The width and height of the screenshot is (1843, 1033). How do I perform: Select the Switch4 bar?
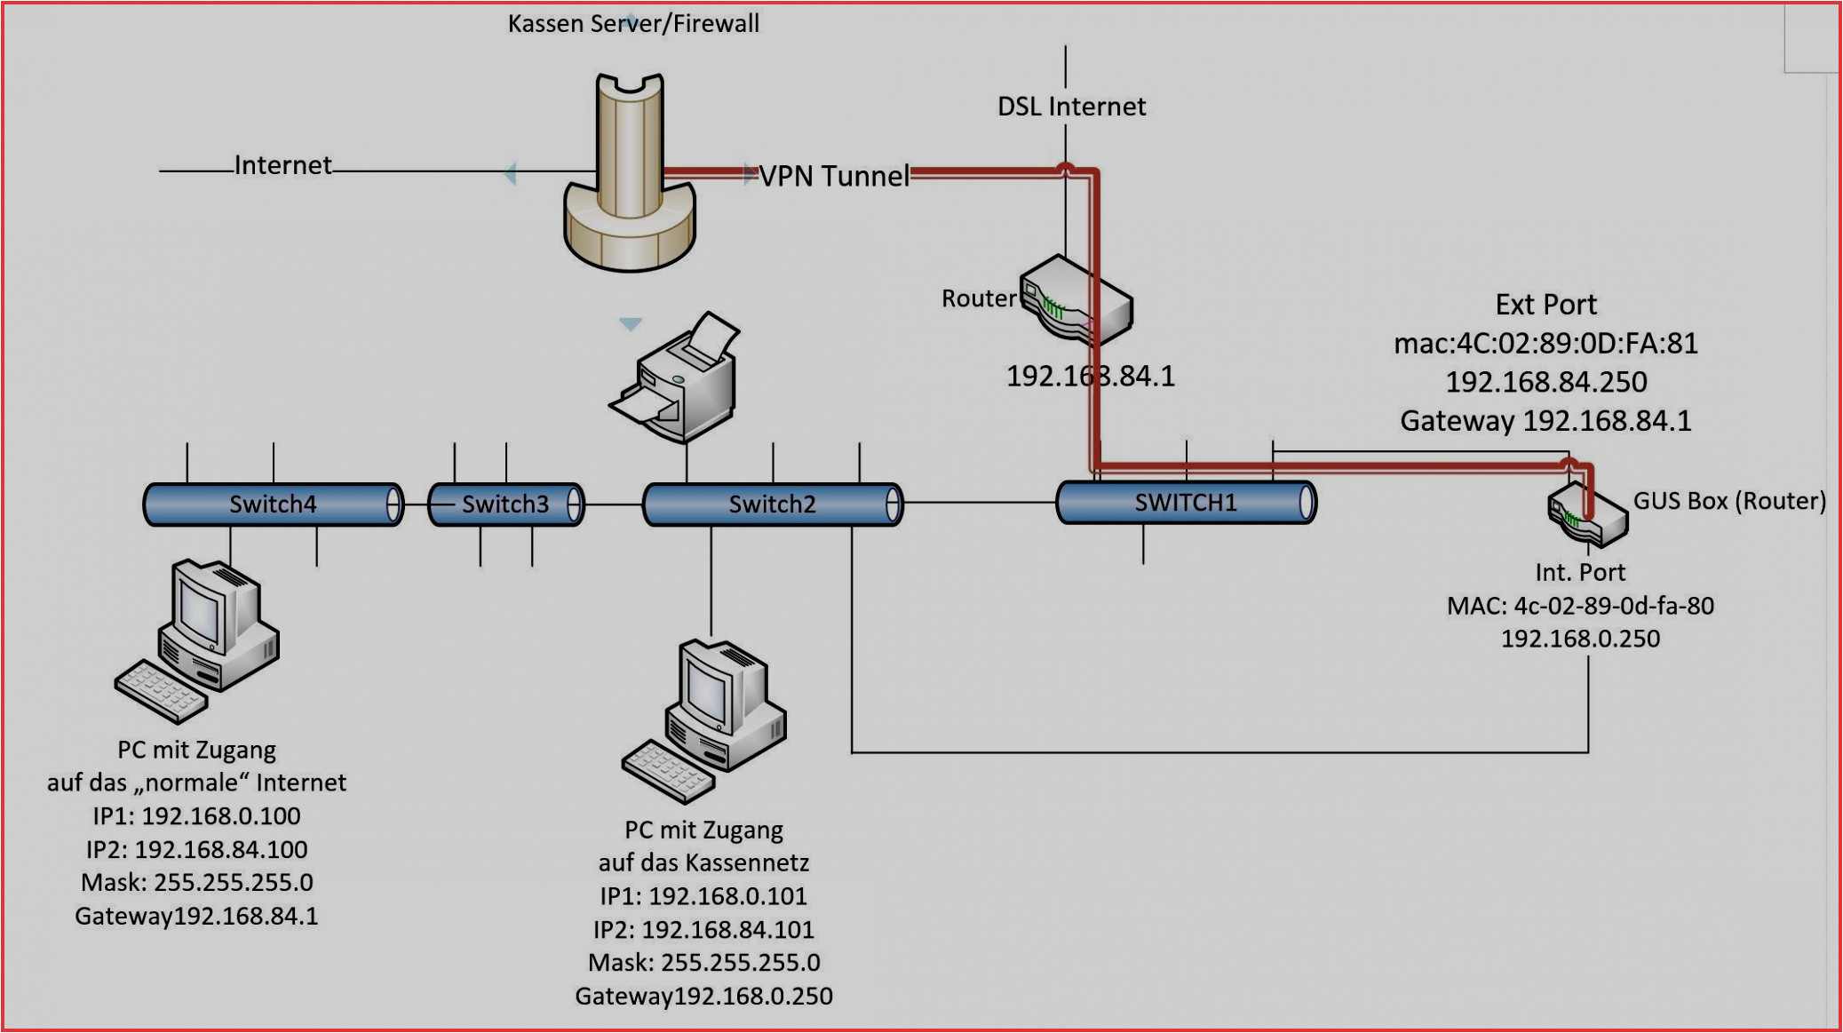(x=273, y=505)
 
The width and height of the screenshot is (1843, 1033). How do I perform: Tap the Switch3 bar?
(x=505, y=505)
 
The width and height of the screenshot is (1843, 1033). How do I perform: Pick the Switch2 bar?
(x=772, y=505)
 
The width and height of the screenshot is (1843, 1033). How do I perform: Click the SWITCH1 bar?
(x=1186, y=503)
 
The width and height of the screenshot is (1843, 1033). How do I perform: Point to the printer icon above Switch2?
(x=679, y=379)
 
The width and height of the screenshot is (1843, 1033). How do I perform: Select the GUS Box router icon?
(x=1587, y=516)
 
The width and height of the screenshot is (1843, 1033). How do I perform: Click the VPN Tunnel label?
(x=834, y=176)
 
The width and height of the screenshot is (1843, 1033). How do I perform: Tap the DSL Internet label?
(x=1071, y=107)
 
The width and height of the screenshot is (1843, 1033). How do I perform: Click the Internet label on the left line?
(x=282, y=165)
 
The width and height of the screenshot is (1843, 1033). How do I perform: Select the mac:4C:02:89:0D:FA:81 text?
(x=1545, y=343)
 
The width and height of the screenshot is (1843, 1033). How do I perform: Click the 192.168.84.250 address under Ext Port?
(x=1545, y=382)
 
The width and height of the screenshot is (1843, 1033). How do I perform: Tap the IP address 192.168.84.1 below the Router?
(x=1090, y=377)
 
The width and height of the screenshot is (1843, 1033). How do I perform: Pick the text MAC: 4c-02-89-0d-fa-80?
(x=1580, y=606)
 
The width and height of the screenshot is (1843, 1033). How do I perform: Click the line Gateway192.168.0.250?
(x=703, y=996)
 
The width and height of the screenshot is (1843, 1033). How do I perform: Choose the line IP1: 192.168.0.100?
(x=196, y=815)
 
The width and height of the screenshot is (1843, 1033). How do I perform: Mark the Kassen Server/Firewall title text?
(x=633, y=24)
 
